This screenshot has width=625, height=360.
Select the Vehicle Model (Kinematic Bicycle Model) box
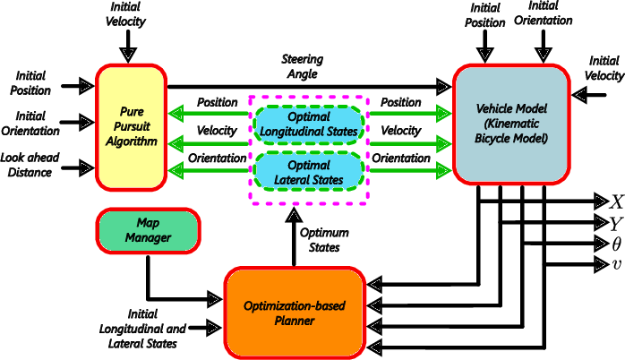[x=510, y=125]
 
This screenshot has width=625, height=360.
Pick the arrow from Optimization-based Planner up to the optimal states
[x=296, y=238]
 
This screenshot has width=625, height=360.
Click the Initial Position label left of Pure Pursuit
[x=30, y=82]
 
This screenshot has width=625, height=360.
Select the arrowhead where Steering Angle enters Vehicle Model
[x=445, y=86]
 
